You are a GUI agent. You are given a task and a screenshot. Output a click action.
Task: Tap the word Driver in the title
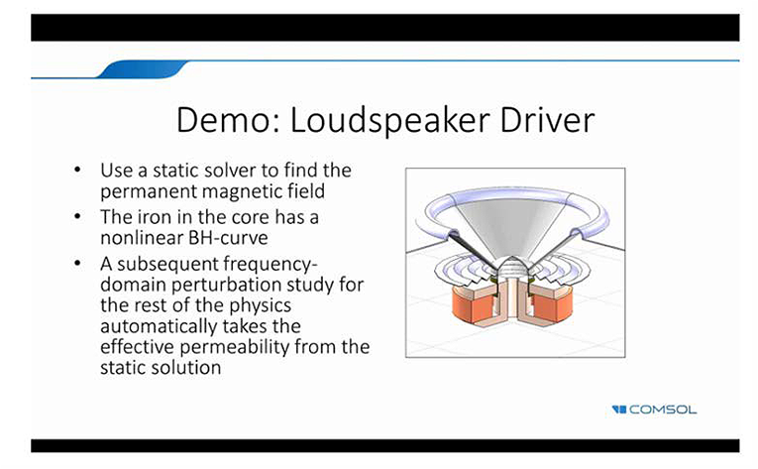[547, 120]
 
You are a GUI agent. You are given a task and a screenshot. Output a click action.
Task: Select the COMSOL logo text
[663, 410]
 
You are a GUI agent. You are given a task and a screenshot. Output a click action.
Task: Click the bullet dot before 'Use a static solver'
[77, 170]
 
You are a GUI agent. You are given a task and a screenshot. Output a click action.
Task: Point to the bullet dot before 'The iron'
[77, 217]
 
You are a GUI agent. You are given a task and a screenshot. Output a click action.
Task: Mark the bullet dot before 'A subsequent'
[77, 264]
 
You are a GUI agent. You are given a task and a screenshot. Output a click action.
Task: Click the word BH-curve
[228, 238]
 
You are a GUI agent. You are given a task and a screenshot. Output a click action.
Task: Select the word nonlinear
[142, 238]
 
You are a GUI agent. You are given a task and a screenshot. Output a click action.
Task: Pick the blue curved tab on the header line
[143, 69]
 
